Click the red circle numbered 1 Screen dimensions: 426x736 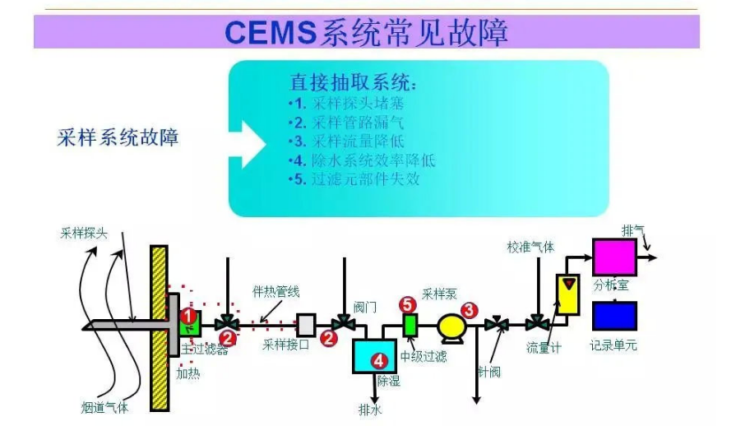click(187, 315)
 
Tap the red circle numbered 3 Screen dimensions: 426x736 click(469, 310)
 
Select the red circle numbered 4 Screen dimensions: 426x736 click(378, 359)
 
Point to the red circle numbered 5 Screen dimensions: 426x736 click(408, 304)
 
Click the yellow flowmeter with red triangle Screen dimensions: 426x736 click(568, 294)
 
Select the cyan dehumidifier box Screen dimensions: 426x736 click(374, 356)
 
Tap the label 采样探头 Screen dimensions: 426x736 click(84, 233)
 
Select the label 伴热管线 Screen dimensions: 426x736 click(275, 291)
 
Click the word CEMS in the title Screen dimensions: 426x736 click(270, 32)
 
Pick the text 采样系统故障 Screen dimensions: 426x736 click(118, 137)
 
